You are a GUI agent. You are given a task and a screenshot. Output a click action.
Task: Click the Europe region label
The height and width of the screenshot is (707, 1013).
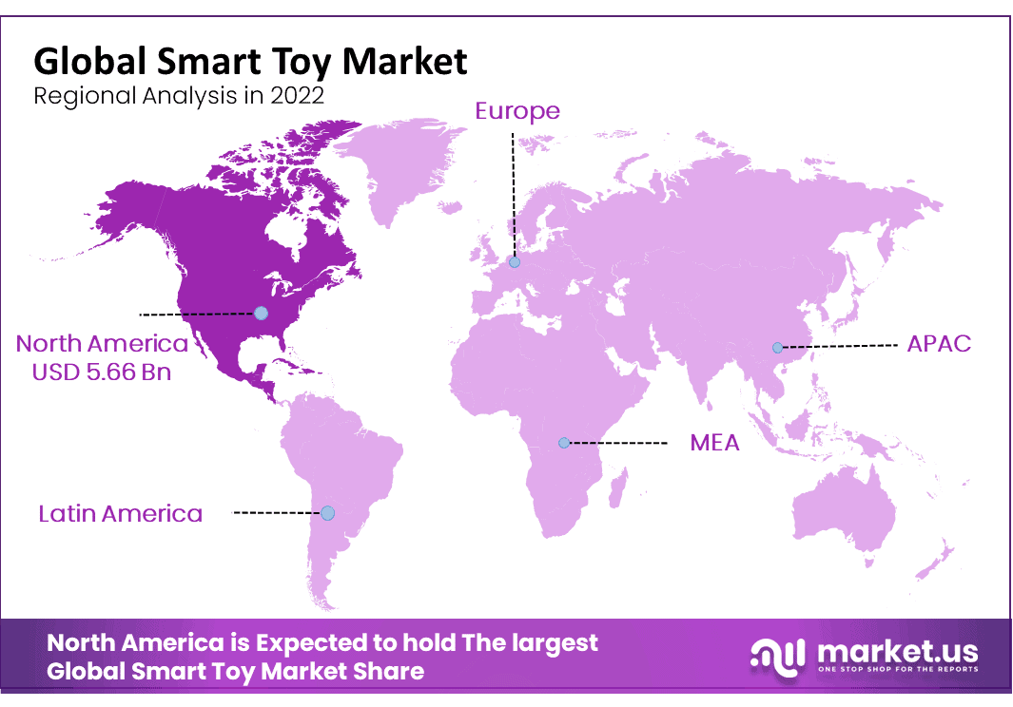tap(517, 112)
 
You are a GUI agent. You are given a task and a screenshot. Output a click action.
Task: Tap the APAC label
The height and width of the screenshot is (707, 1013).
tap(939, 344)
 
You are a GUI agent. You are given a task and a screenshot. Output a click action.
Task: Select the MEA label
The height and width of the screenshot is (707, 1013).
tap(714, 443)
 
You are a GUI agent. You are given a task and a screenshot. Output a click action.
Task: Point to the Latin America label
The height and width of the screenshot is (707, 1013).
tap(120, 514)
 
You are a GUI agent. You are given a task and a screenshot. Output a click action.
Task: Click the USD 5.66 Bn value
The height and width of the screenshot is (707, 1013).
tap(102, 373)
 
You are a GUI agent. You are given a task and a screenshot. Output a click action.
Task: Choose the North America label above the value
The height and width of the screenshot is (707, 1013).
tap(102, 344)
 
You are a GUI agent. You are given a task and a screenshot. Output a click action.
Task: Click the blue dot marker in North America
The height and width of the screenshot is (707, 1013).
tap(261, 314)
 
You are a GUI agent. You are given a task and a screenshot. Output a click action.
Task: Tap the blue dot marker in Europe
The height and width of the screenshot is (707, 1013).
tap(515, 262)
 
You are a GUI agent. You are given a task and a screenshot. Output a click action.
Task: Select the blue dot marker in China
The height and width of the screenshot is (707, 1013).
tap(778, 348)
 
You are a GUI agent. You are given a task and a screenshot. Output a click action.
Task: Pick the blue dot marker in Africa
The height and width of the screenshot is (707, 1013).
tap(564, 443)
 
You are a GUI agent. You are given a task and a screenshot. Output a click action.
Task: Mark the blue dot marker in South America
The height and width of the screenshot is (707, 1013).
tap(328, 513)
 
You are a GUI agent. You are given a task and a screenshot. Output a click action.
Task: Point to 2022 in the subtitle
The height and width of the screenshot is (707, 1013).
tap(297, 96)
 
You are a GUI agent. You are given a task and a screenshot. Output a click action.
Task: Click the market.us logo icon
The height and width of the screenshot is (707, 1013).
tap(778, 658)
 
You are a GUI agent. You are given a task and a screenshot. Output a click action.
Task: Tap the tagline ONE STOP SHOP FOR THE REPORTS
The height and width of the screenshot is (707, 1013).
tap(898, 669)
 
